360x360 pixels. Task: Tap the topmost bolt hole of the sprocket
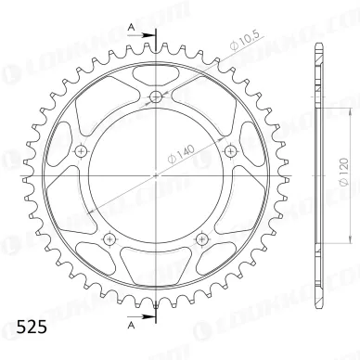155,97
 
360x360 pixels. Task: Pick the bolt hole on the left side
81,151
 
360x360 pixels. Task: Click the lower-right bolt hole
200,238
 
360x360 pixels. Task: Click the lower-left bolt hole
109,238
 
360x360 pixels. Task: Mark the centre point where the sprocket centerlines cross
155,175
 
